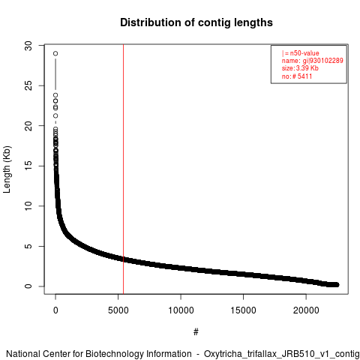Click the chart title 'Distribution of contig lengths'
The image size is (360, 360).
coord(196,22)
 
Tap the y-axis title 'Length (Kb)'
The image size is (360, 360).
coord(7,169)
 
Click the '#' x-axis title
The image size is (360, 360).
coord(196,332)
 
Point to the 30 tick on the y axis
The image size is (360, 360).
coord(28,46)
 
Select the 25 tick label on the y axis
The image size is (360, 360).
coord(28,85)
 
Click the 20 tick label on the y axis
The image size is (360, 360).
coord(28,126)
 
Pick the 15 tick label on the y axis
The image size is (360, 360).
coord(28,166)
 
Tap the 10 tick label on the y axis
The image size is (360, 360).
coord(28,206)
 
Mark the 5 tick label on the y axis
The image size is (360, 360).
coord(28,246)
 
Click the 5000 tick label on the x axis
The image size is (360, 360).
coord(118,310)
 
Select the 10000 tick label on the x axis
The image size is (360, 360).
coord(181,310)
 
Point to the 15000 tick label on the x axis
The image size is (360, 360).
coord(243,310)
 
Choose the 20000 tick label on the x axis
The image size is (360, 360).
coord(306,310)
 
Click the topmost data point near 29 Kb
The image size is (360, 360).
coord(55,53)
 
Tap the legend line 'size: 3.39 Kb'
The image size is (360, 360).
coord(300,68)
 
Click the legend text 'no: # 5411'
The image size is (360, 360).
coord(297,76)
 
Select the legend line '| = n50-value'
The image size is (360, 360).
coord(301,53)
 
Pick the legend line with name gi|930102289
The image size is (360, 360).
coord(313,61)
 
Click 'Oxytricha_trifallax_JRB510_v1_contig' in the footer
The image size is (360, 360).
coord(282,354)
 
